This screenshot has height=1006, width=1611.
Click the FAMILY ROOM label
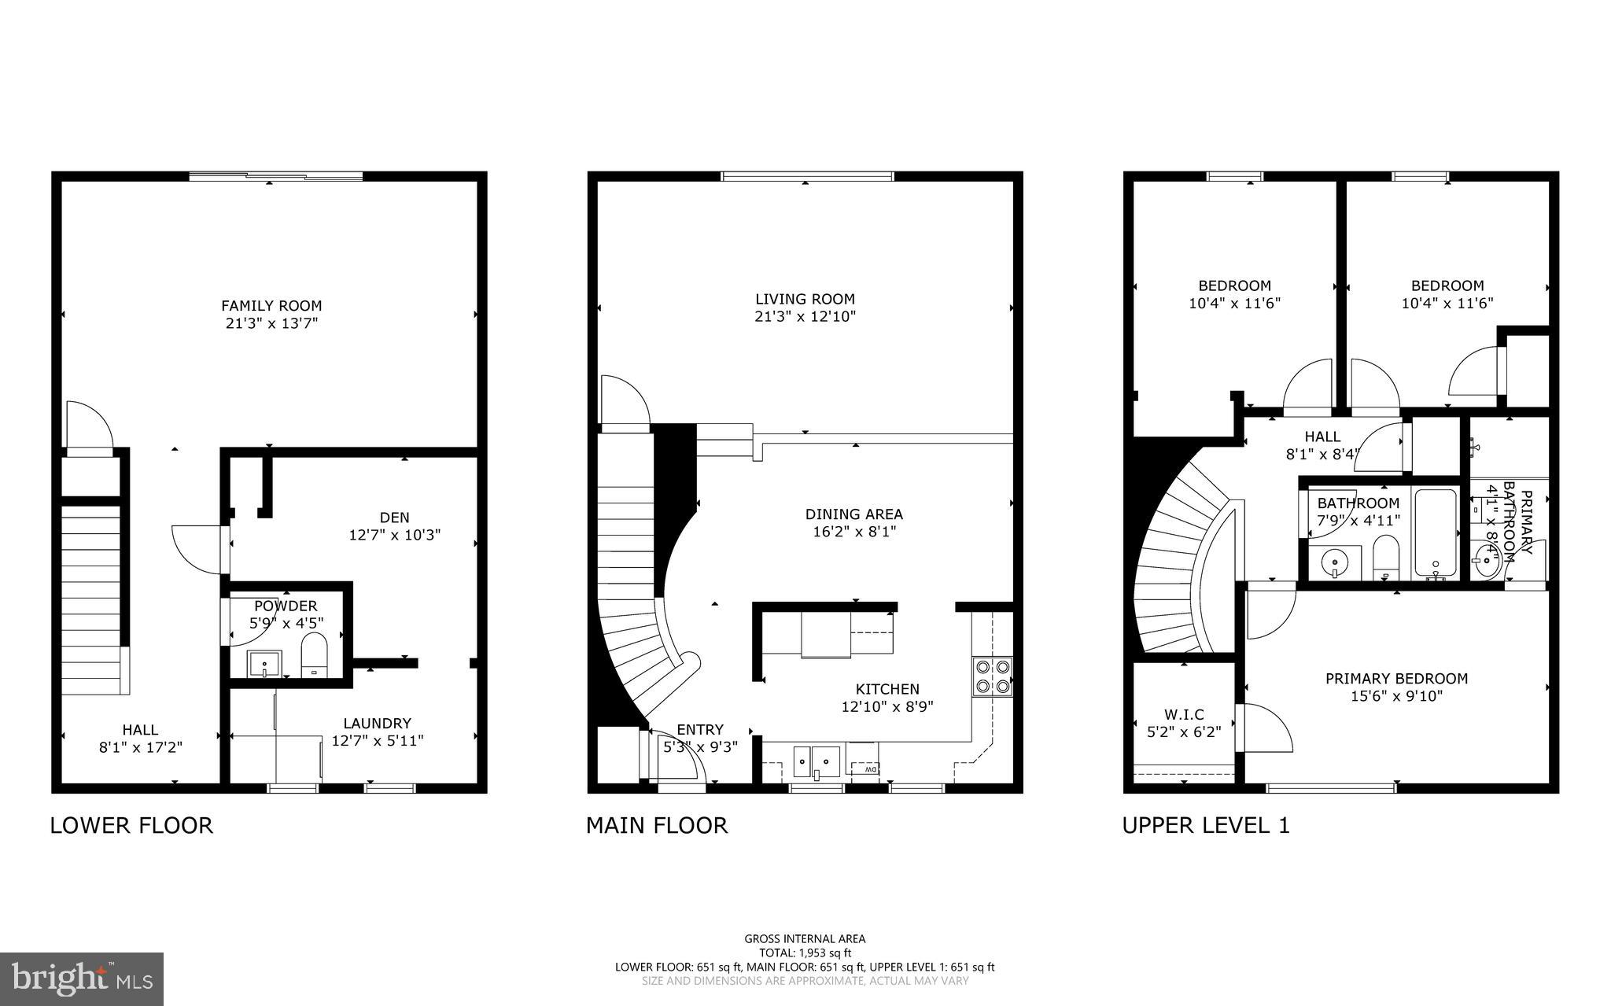[271, 306]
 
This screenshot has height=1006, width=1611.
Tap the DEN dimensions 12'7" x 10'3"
[394, 535]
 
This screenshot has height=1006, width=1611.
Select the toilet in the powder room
[314, 658]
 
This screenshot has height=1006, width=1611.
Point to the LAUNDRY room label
[377, 724]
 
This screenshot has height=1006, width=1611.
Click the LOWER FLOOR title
[131, 825]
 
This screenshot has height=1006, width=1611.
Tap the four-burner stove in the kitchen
[992, 676]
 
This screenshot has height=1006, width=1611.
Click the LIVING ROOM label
[805, 299]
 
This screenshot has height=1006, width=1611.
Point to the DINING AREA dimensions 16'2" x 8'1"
[853, 532]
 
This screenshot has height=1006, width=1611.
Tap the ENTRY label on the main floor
[699, 730]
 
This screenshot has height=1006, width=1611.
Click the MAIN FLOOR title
[657, 825]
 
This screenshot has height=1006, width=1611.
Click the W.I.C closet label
[1184, 715]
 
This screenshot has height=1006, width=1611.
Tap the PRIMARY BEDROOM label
[1396, 679]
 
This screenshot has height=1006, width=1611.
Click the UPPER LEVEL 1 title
[1205, 825]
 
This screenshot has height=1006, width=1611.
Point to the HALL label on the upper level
[1322, 437]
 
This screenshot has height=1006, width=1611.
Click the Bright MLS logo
[82, 979]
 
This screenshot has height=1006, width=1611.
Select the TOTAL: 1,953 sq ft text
[805, 953]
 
